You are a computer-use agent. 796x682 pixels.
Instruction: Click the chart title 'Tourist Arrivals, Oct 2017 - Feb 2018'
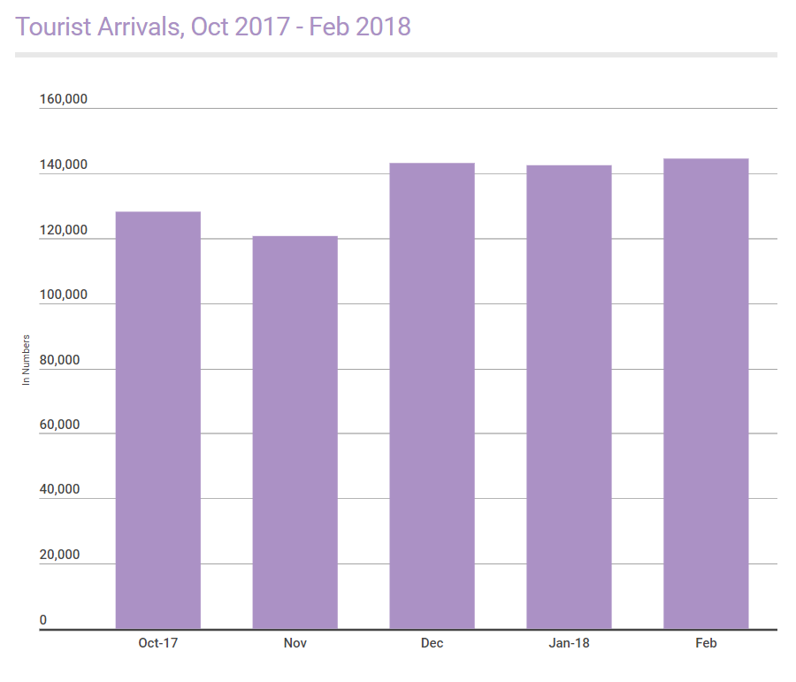[x=213, y=27]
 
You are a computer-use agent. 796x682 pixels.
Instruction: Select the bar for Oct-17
[x=158, y=420]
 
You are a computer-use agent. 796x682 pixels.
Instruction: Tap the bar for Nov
[x=295, y=433]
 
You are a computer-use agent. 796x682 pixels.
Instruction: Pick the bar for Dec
[x=432, y=395]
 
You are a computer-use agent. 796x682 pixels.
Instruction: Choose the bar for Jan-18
[x=569, y=397]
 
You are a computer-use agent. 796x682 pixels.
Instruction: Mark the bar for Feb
[x=706, y=394]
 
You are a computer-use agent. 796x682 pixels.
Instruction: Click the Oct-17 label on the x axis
[x=158, y=643]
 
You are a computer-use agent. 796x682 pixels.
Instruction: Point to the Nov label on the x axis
[x=295, y=643]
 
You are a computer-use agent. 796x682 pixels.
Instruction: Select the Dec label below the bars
[x=432, y=643]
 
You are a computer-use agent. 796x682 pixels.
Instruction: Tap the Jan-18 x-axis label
[x=569, y=643]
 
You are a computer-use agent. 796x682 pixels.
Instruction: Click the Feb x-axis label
[x=706, y=643]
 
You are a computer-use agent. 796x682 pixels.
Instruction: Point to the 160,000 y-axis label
[x=64, y=99]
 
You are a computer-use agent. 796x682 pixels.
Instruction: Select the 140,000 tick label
[x=64, y=165]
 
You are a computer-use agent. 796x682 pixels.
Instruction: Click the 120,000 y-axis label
[x=64, y=230]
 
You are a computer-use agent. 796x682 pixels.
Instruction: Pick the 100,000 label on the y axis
[x=64, y=295]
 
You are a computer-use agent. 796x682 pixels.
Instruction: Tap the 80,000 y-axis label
[x=60, y=360]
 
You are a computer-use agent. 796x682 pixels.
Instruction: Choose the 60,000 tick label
[x=60, y=425]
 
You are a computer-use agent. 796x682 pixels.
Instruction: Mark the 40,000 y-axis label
[x=60, y=490]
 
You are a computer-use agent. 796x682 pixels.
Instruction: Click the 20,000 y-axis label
[x=60, y=556]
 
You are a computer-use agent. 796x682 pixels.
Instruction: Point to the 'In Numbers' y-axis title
[x=27, y=360]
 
